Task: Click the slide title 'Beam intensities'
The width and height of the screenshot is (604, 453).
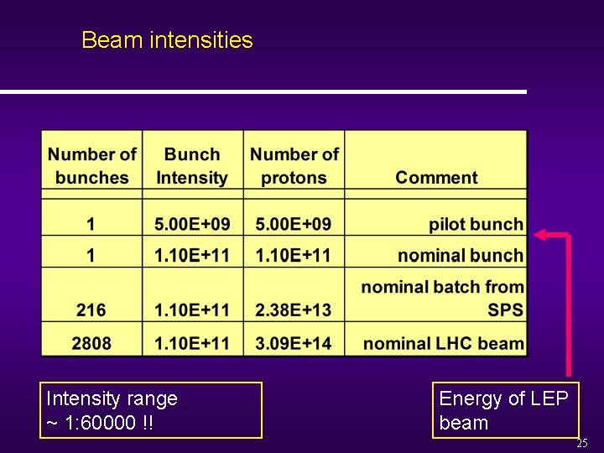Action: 167,40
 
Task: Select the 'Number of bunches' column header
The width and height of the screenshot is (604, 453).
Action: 91,166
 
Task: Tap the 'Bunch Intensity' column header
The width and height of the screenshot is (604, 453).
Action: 192,166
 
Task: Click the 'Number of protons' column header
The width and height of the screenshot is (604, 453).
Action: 294,166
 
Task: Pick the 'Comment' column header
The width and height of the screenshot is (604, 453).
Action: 436,177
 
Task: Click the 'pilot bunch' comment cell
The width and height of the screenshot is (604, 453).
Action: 476,224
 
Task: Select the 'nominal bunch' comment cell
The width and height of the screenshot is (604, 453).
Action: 461,255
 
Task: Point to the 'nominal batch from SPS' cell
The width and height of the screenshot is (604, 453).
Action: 442,298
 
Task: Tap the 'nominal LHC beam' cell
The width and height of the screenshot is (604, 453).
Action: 443,342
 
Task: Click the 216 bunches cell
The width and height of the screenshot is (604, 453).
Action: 91,310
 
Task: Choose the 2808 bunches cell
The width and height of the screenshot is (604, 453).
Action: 91,342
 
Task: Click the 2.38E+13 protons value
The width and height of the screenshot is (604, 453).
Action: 294,310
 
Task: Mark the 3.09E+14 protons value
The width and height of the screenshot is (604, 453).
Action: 294,342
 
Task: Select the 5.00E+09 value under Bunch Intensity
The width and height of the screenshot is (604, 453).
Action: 192,224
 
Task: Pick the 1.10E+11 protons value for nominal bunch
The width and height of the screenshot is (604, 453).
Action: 294,255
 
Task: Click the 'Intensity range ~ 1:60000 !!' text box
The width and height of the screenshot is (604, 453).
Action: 151,410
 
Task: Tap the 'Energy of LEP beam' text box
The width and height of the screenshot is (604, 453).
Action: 505,410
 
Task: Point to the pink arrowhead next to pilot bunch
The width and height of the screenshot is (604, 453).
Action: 542,235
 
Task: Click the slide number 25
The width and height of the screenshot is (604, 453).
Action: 581,443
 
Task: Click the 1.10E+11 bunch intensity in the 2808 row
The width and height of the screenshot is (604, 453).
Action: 192,342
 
